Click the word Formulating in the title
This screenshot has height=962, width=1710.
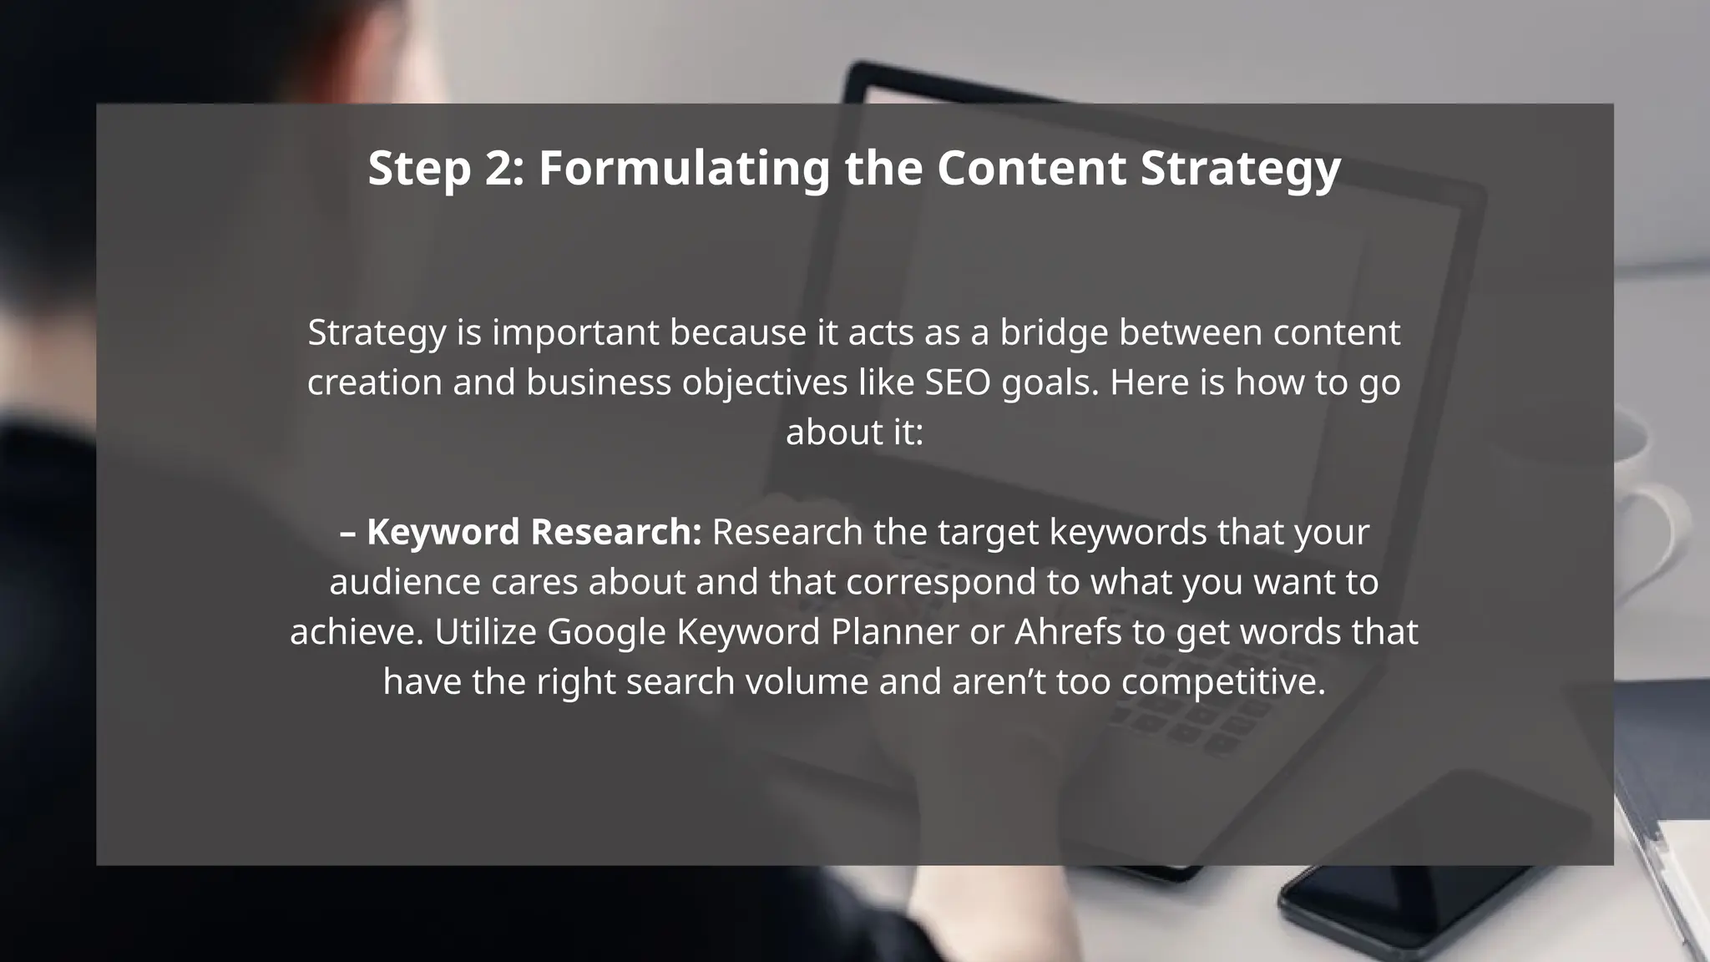685,168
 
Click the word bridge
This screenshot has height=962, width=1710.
1054,332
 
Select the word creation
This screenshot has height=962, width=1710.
375,382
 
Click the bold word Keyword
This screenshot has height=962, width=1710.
443,532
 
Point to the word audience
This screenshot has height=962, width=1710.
405,582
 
